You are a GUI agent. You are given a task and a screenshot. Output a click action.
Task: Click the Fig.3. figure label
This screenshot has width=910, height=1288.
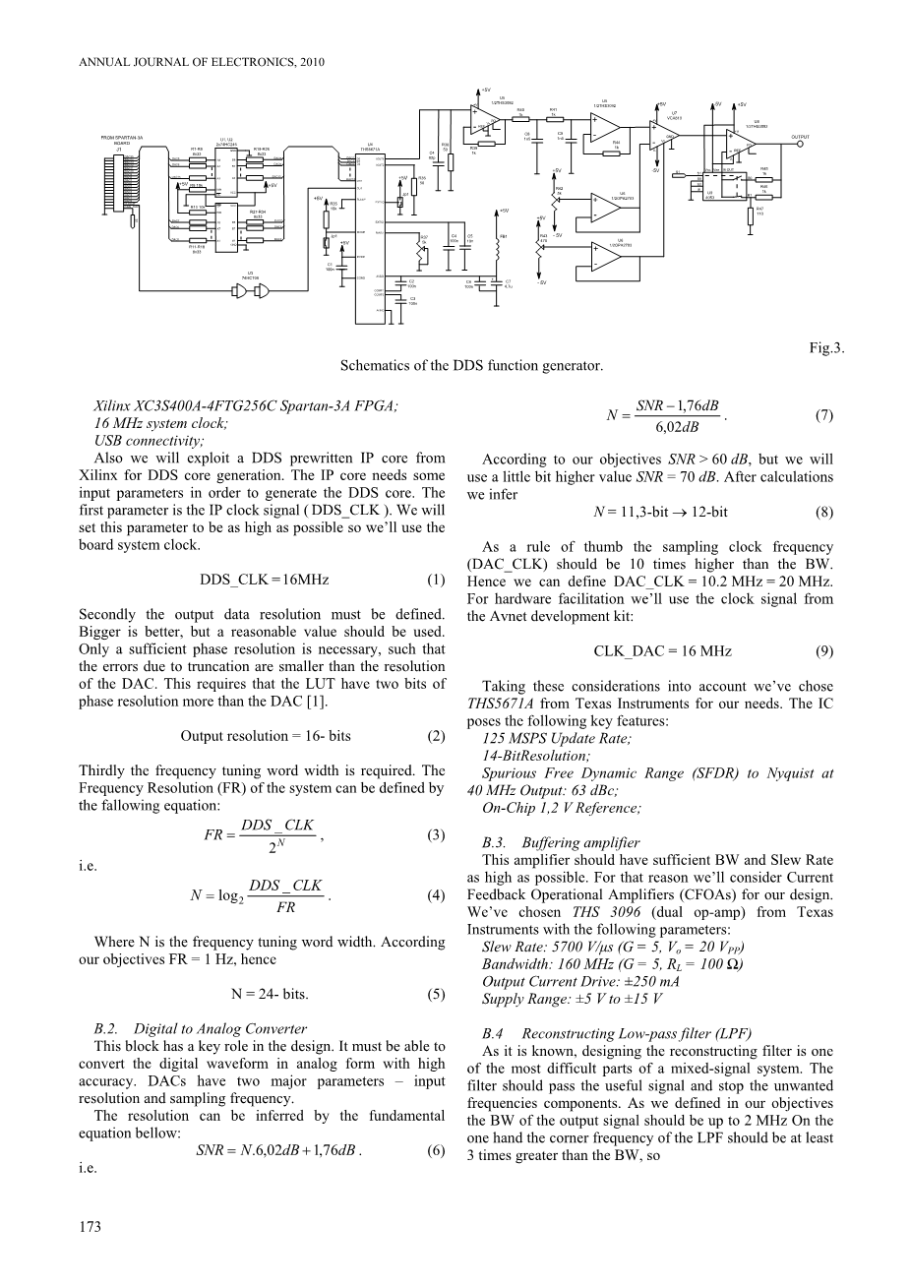click(826, 347)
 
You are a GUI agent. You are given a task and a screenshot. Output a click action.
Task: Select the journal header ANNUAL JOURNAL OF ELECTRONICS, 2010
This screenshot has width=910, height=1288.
click(201, 61)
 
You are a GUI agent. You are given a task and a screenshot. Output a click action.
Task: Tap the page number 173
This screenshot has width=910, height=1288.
click(90, 1226)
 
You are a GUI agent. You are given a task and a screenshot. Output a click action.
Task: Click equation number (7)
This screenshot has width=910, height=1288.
click(824, 415)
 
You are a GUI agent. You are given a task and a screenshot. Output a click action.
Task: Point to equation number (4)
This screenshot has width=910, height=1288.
click(435, 896)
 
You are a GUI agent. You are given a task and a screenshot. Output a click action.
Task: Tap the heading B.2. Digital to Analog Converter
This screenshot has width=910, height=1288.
click(199, 1028)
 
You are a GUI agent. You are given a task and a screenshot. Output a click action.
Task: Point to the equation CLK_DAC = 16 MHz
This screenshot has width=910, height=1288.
click(663, 651)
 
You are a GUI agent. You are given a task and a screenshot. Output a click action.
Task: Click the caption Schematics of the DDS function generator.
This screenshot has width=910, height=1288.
click(471, 365)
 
